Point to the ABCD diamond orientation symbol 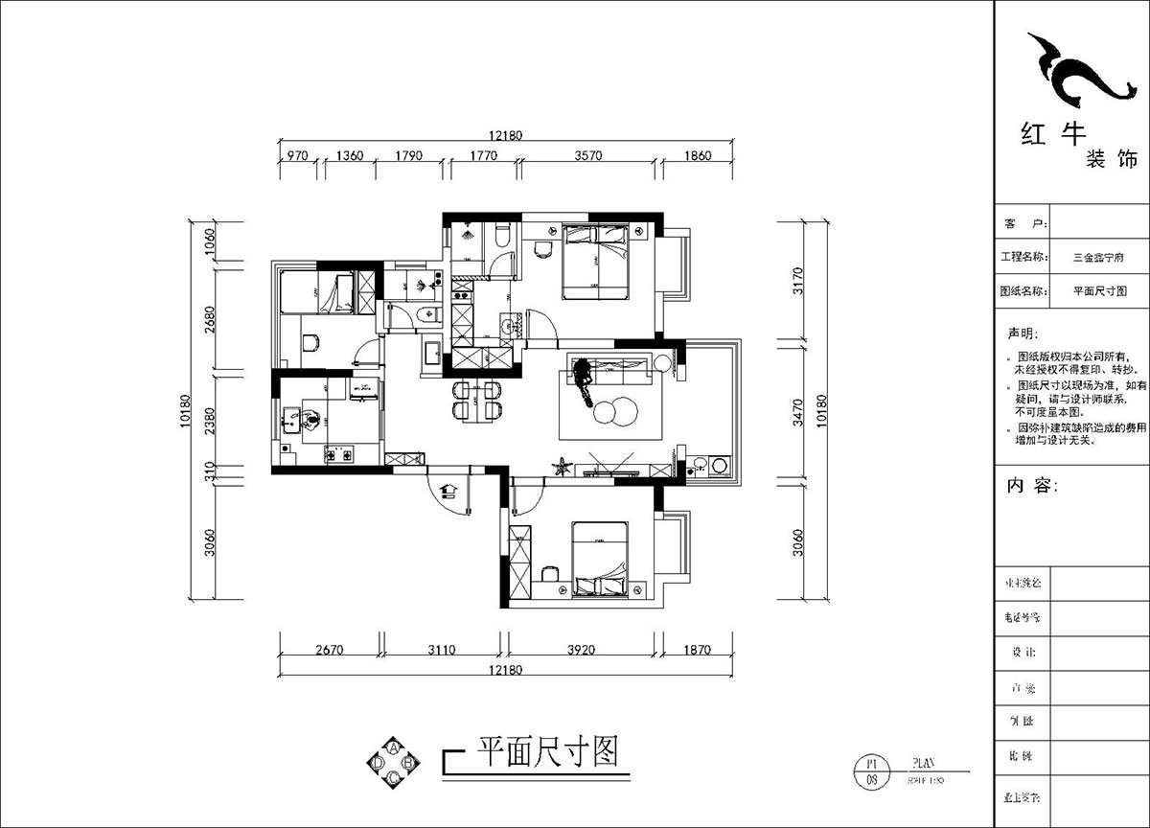(393, 763)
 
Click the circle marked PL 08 (871, 771)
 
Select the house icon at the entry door (448, 491)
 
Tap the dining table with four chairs (476, 400)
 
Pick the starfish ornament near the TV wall (562, 467)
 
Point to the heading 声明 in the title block (1022, 333)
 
